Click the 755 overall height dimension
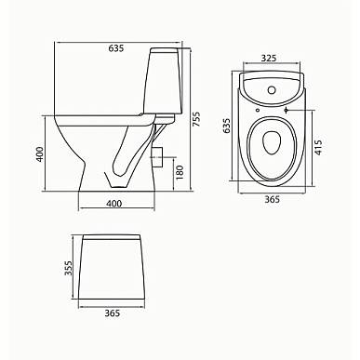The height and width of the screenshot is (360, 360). coord(196,119)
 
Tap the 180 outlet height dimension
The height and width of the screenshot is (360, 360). coord(180,172)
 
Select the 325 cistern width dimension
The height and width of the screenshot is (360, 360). coord(269,58)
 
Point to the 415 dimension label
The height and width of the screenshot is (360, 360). coord(318,148)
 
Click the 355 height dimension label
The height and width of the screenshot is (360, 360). coord(68,268)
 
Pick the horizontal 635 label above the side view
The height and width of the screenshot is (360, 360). coord(116,48)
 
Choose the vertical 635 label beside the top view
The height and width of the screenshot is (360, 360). coord(227,126)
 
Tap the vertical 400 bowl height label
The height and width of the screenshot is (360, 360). coord(40,154)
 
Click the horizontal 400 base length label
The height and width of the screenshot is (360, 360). coord(114,204)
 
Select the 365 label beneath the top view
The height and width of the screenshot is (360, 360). coord(272,199)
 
